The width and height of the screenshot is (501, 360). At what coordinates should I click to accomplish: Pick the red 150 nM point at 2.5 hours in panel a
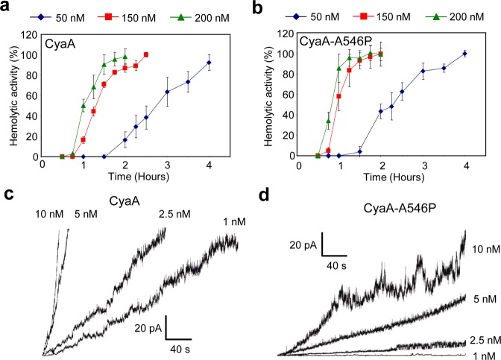[146, 54]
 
